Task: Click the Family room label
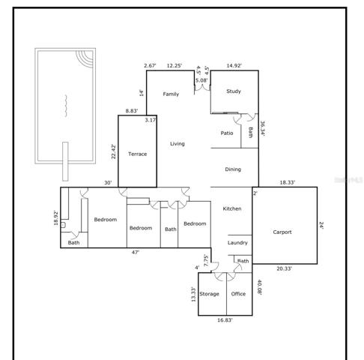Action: [x=171, y=94]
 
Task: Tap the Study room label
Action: [x=234, y=91]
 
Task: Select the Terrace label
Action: [x=138, y=154]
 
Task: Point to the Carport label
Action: [x=282, y=232]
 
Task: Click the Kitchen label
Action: [x=232, y=208]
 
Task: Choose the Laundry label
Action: [x=237, y=243]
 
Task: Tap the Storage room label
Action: [x=209, y=294]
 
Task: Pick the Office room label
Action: [x=238, y=294]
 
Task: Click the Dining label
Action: [x=233, y=169]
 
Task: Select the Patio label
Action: [x=227, y=133]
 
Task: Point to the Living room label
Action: [x=178, y=144]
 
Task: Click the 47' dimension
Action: [x=136, y=253]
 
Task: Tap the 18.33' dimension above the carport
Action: [x=287, y=182]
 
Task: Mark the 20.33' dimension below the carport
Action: [x=284, y=268]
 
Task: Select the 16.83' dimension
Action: [x=225, y=320]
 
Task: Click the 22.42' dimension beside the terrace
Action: [x=114, y=151]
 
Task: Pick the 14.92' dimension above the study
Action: [x=234, y=65]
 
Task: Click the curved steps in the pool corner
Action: [x=85, y=58]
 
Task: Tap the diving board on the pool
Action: [x=65, y=161]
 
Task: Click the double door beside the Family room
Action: [x=202, y=88]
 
